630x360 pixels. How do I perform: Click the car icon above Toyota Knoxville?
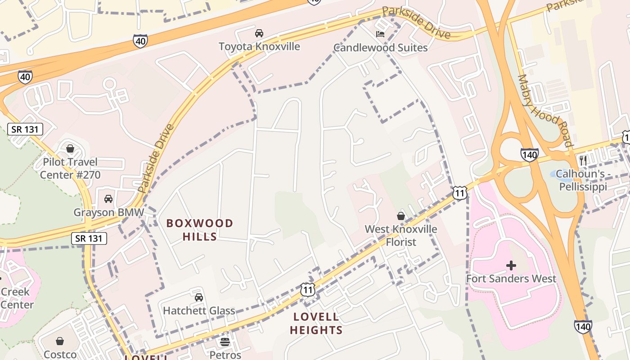point(259,33)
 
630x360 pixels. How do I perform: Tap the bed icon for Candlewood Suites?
point(380,34)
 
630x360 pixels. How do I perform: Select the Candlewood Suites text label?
point(380,47)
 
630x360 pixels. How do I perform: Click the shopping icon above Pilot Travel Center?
point(70,148)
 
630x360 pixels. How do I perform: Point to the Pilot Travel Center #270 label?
point(70,168)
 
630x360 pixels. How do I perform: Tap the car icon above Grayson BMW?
point(108,198)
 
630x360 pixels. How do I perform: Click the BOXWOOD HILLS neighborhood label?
point(200,229)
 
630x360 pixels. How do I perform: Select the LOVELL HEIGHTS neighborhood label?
point(316,324)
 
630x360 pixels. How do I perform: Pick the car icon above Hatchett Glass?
point(198,297)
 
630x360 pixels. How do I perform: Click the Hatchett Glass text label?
point(198,310)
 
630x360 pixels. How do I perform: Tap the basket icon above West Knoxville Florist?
point(401,216)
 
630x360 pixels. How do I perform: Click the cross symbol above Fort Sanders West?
point(511,265)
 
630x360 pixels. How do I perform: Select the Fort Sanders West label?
point(511,279)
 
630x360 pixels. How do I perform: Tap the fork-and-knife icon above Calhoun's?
point(583,160)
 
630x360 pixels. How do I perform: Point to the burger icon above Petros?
point(225,342)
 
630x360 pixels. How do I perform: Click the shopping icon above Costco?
point(60,341)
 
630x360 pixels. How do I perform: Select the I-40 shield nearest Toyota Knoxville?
point(140,41)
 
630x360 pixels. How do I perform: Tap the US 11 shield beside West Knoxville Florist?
point(459,193)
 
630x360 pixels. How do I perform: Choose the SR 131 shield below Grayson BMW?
point(89,238)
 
